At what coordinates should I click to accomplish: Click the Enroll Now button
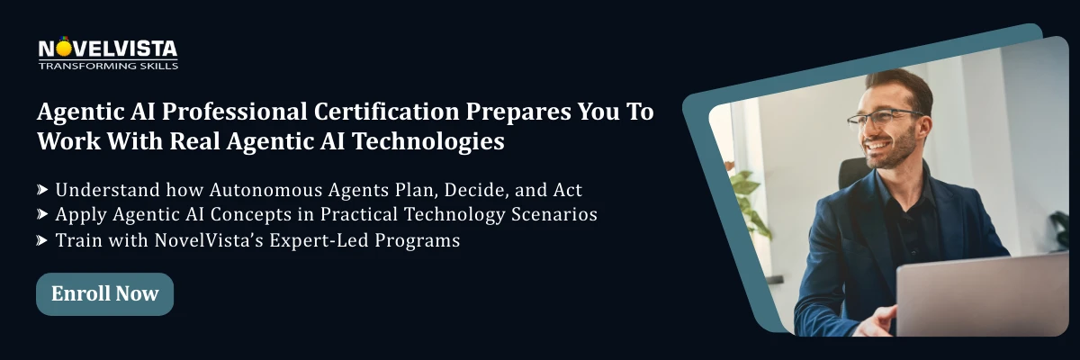pos(104,294)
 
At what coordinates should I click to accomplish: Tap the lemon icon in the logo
pos(65,44)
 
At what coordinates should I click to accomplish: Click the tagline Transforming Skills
pos(108,66)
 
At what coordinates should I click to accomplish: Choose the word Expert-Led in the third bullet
pos(327,240)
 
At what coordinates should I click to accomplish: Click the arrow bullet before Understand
pos(42,190)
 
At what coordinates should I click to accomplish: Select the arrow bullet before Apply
pos(42,215)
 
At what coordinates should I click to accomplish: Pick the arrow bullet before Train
pos(42,240)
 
